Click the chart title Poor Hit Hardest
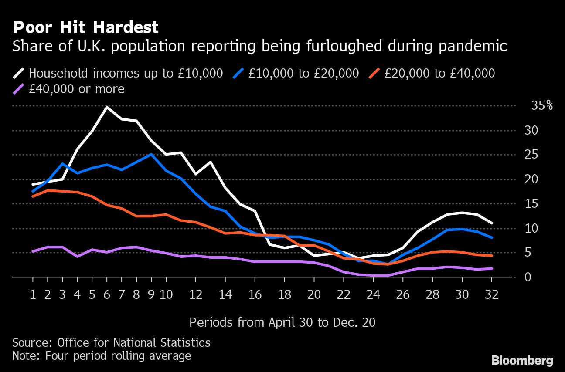85,28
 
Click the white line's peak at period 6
107,107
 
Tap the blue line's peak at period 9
151,154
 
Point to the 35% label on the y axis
542,106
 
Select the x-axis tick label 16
255,294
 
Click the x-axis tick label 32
492,294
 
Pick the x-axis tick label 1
33,294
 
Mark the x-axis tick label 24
373,294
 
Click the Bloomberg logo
522,361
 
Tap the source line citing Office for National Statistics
111,342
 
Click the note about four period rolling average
102,356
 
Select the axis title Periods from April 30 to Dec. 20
282,322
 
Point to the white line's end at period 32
492,223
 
